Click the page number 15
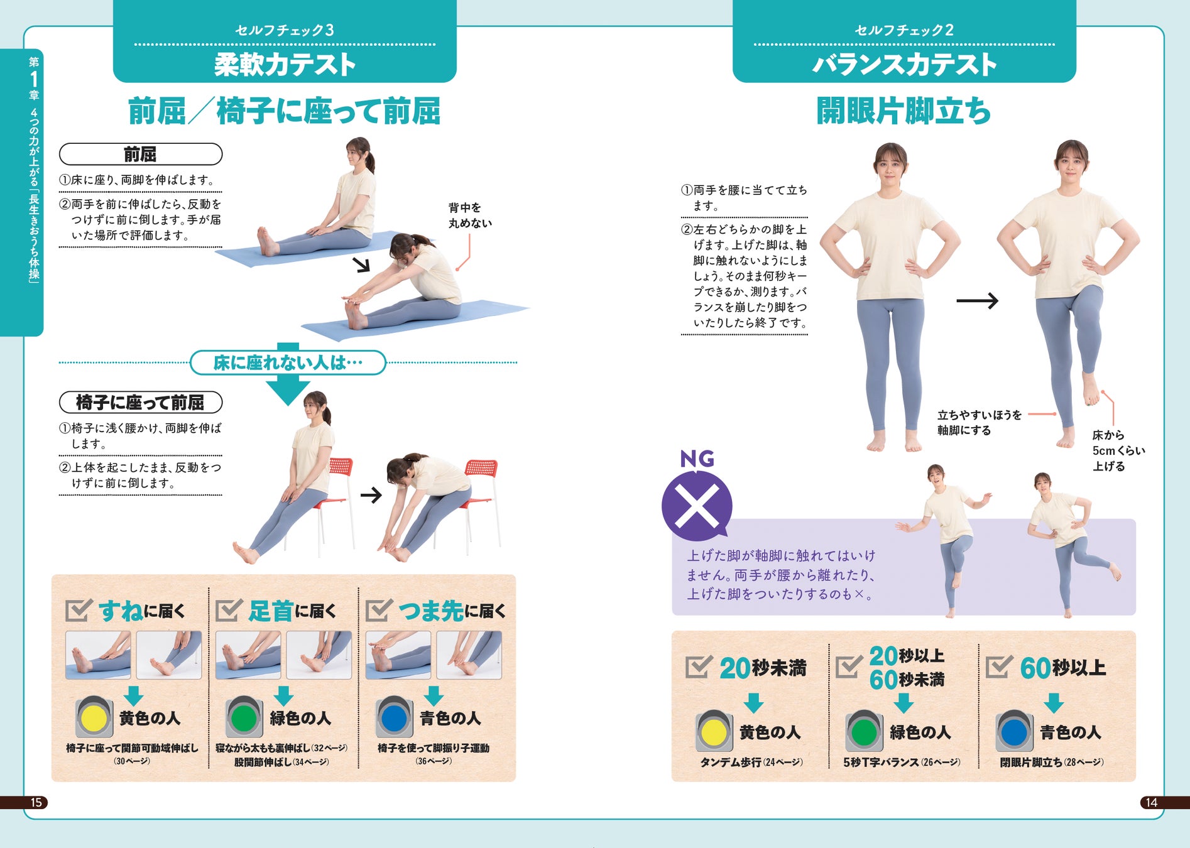click(36, 802)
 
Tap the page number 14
click(1151, 802)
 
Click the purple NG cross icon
click(697, 506)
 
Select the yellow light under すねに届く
click(94, 717)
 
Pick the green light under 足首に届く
click(244, 717)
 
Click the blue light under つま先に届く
click(395, 717)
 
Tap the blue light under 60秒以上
click(1015, 731)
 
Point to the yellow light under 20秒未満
click(714, 731)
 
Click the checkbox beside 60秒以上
click(998, 667)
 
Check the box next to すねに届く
click(79, 610)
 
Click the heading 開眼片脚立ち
click(903, 111)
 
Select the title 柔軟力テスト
click(285, 65)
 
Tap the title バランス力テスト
click(904, 65)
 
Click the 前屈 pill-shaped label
click(141, 154)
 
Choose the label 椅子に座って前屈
click(141, 402)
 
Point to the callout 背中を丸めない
click(470, 215)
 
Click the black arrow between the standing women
click(977, 301)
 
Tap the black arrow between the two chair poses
click(371, 495)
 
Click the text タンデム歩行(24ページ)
click(751, 762)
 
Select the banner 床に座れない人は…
click(288, 362)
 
